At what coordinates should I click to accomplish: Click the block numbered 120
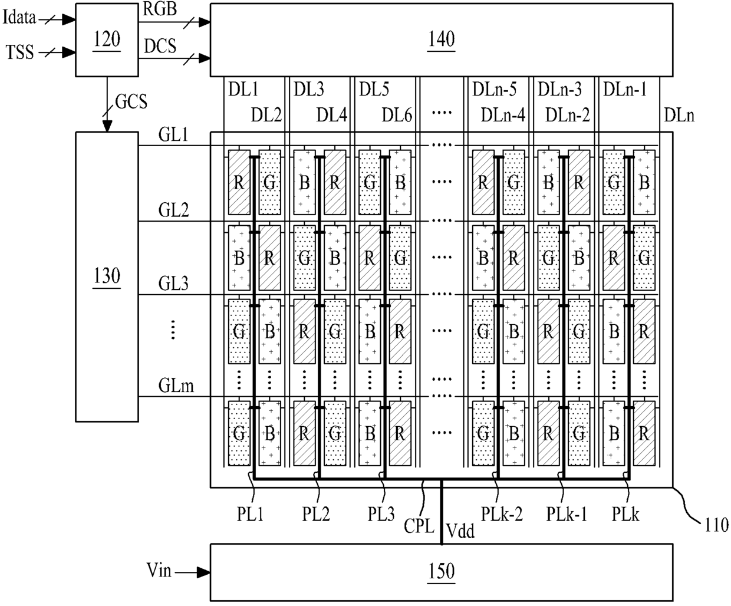point(107,40)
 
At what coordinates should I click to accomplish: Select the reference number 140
point(441,39)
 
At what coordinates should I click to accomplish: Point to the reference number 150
point(441,571)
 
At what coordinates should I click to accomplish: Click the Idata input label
point(19,17)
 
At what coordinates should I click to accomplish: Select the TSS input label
point(19,52)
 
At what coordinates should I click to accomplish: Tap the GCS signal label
point(131,102)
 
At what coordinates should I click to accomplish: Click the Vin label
point(159,570)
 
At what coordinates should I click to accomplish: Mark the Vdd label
point(460,531)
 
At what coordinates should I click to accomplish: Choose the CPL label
point(419,526)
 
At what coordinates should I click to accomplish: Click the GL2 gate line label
point(173,210)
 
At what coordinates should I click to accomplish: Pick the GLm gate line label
point(176,386)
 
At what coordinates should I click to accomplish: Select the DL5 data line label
point(374,89)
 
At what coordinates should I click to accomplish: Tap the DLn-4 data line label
point(503,115)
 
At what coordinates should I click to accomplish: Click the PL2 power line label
point(316,514)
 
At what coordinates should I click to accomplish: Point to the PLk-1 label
point(567,514)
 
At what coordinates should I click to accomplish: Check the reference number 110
point(716,525)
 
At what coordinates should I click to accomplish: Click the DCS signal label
point(160,46)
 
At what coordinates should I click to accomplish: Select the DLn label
point(679,115)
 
